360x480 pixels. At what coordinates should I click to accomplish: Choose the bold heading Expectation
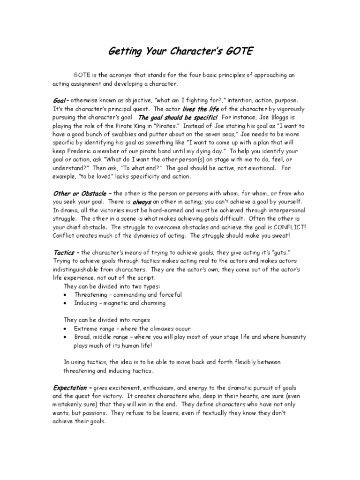72,388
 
